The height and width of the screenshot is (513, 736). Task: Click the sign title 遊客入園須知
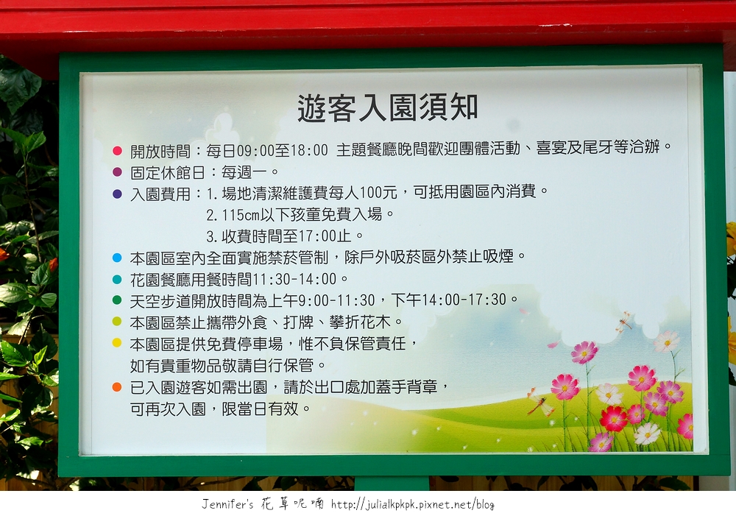(388, 108)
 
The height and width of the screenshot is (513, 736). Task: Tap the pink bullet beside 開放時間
(117, 151)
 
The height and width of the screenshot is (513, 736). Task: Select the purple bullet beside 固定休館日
(117, 172)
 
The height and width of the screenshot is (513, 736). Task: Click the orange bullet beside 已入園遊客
(117, 387)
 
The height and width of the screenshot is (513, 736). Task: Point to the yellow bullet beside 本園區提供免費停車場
(117, 343)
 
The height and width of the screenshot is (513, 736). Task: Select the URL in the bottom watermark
(413, 505)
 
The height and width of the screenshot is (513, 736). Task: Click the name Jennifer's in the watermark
(227, 504)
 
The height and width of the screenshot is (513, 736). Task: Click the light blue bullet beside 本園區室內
(117, 258)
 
